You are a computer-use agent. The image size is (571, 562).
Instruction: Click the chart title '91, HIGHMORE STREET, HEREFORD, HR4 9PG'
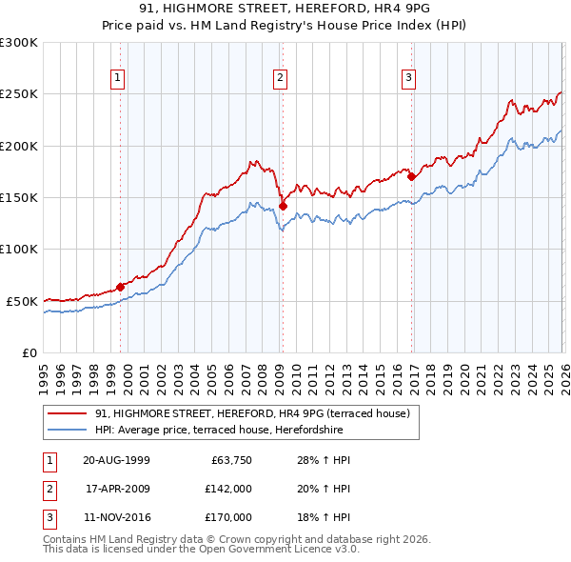coord(285,10)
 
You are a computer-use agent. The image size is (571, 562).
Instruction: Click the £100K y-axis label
coord(19,250)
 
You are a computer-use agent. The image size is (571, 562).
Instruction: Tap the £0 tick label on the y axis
coord(30,352)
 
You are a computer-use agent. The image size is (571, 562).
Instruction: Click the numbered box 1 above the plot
coord(118,79)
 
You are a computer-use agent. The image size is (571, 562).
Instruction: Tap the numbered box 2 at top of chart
coord(281,79)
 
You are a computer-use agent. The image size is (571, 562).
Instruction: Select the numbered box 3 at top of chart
coord(408,79)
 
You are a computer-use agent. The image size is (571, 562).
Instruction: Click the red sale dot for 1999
coord(121,287)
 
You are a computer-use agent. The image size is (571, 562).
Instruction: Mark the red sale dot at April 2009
coord(283,206)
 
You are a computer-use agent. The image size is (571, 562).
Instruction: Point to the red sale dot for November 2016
coord(411,176)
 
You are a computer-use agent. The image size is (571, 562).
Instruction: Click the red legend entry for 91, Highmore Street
coord(252,413)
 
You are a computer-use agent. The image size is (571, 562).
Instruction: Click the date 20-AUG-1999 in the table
coord(116,461)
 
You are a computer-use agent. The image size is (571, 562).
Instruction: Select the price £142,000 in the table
coord(228,489)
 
